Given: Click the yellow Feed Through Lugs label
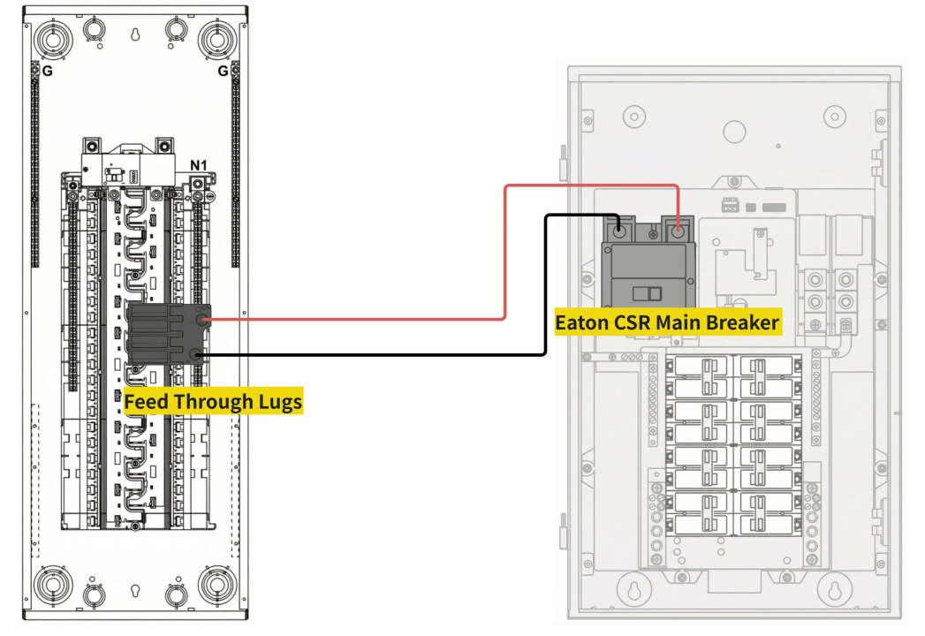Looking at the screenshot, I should point(213,402).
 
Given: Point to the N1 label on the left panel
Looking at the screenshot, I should point(200,164).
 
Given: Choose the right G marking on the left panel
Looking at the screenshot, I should point(223,72).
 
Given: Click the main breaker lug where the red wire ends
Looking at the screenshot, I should point(678,231).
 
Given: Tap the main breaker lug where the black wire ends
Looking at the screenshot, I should point(620,231).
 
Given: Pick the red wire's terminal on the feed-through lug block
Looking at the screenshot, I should point(204,319).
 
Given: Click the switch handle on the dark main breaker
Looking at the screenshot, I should point(649,293).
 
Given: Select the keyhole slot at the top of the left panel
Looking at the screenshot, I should point(135,36).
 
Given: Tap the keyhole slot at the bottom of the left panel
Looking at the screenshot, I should point(135,590).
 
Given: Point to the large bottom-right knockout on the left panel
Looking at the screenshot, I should point(216,586).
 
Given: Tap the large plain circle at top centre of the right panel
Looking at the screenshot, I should point(734,132).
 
